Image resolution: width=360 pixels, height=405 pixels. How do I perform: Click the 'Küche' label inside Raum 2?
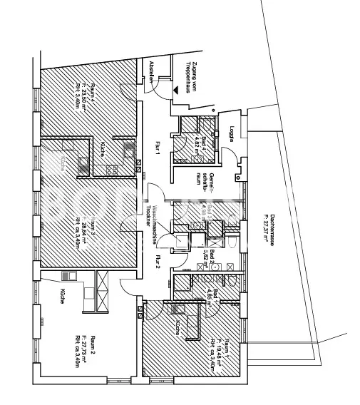point(63,298)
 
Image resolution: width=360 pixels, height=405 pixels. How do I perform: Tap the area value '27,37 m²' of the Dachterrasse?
point(264,230)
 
